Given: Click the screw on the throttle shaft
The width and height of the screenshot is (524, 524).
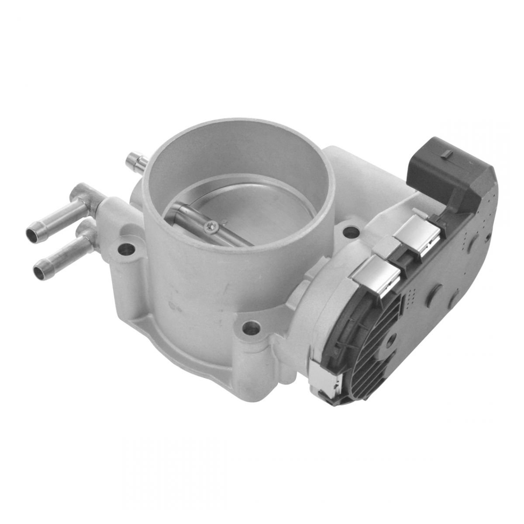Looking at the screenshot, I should [x=211, y=226].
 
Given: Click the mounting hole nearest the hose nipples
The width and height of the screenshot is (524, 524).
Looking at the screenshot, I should [x=125, y=249].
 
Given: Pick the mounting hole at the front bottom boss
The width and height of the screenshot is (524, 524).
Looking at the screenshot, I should [x=251, y=327].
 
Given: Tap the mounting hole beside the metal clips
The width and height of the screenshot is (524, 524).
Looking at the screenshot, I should [x=350, y=231].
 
